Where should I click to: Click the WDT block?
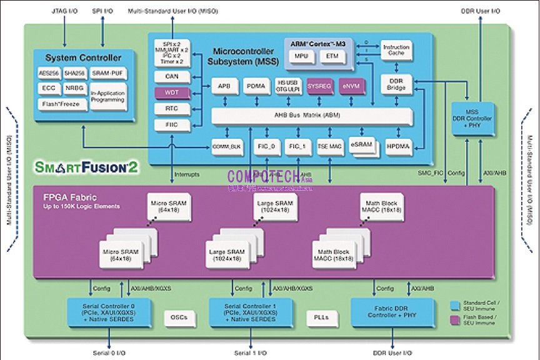[x=171, y=92]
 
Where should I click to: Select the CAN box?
[x=171, y=76]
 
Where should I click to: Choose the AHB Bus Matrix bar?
[x=312, y=116]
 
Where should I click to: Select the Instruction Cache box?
[x=396, y=50]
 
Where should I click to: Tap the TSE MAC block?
[x=329, y=146]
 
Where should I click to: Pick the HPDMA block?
[x=396, y=146]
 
